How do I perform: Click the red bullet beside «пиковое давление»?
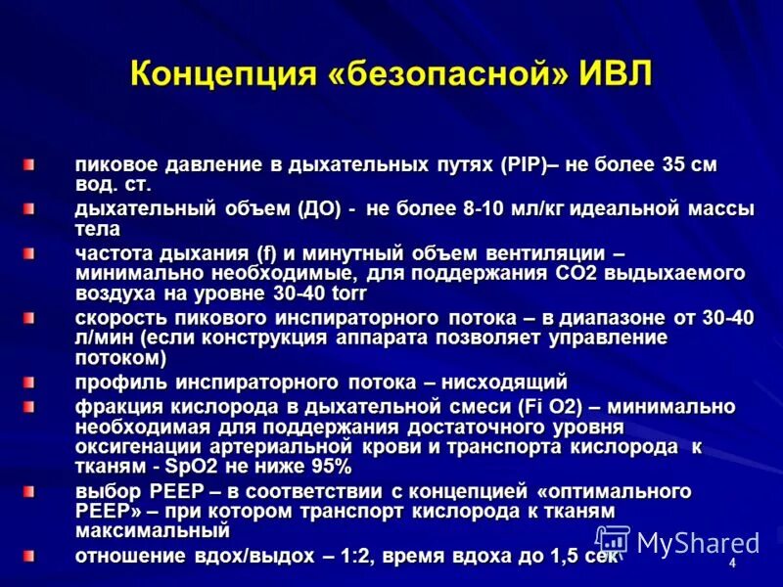30,165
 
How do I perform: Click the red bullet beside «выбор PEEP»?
30,490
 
